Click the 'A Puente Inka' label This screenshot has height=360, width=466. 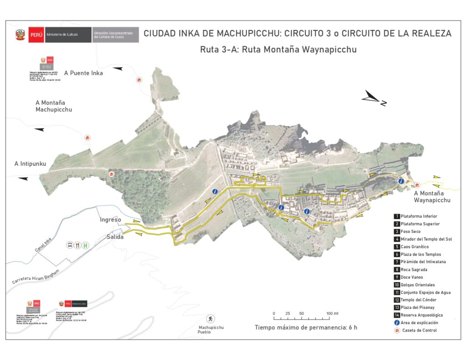click(x=83, y=73)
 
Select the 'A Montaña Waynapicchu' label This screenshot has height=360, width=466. click(x=432, y=197)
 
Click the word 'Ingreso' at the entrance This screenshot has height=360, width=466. click(x=111, y=220)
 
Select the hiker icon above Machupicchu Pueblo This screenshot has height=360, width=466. click(x=210, y=318)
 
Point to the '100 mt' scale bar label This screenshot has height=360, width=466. click(x=333, y=314)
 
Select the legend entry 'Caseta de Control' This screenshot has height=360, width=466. click(x=419, y=330)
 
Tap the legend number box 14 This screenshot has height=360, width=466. click(x=397, y=315)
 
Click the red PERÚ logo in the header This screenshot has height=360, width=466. click(x=35, y=35)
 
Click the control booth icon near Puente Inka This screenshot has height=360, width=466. click(x=139, y=80)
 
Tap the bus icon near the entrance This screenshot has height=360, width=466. click(x=70, y=245)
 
